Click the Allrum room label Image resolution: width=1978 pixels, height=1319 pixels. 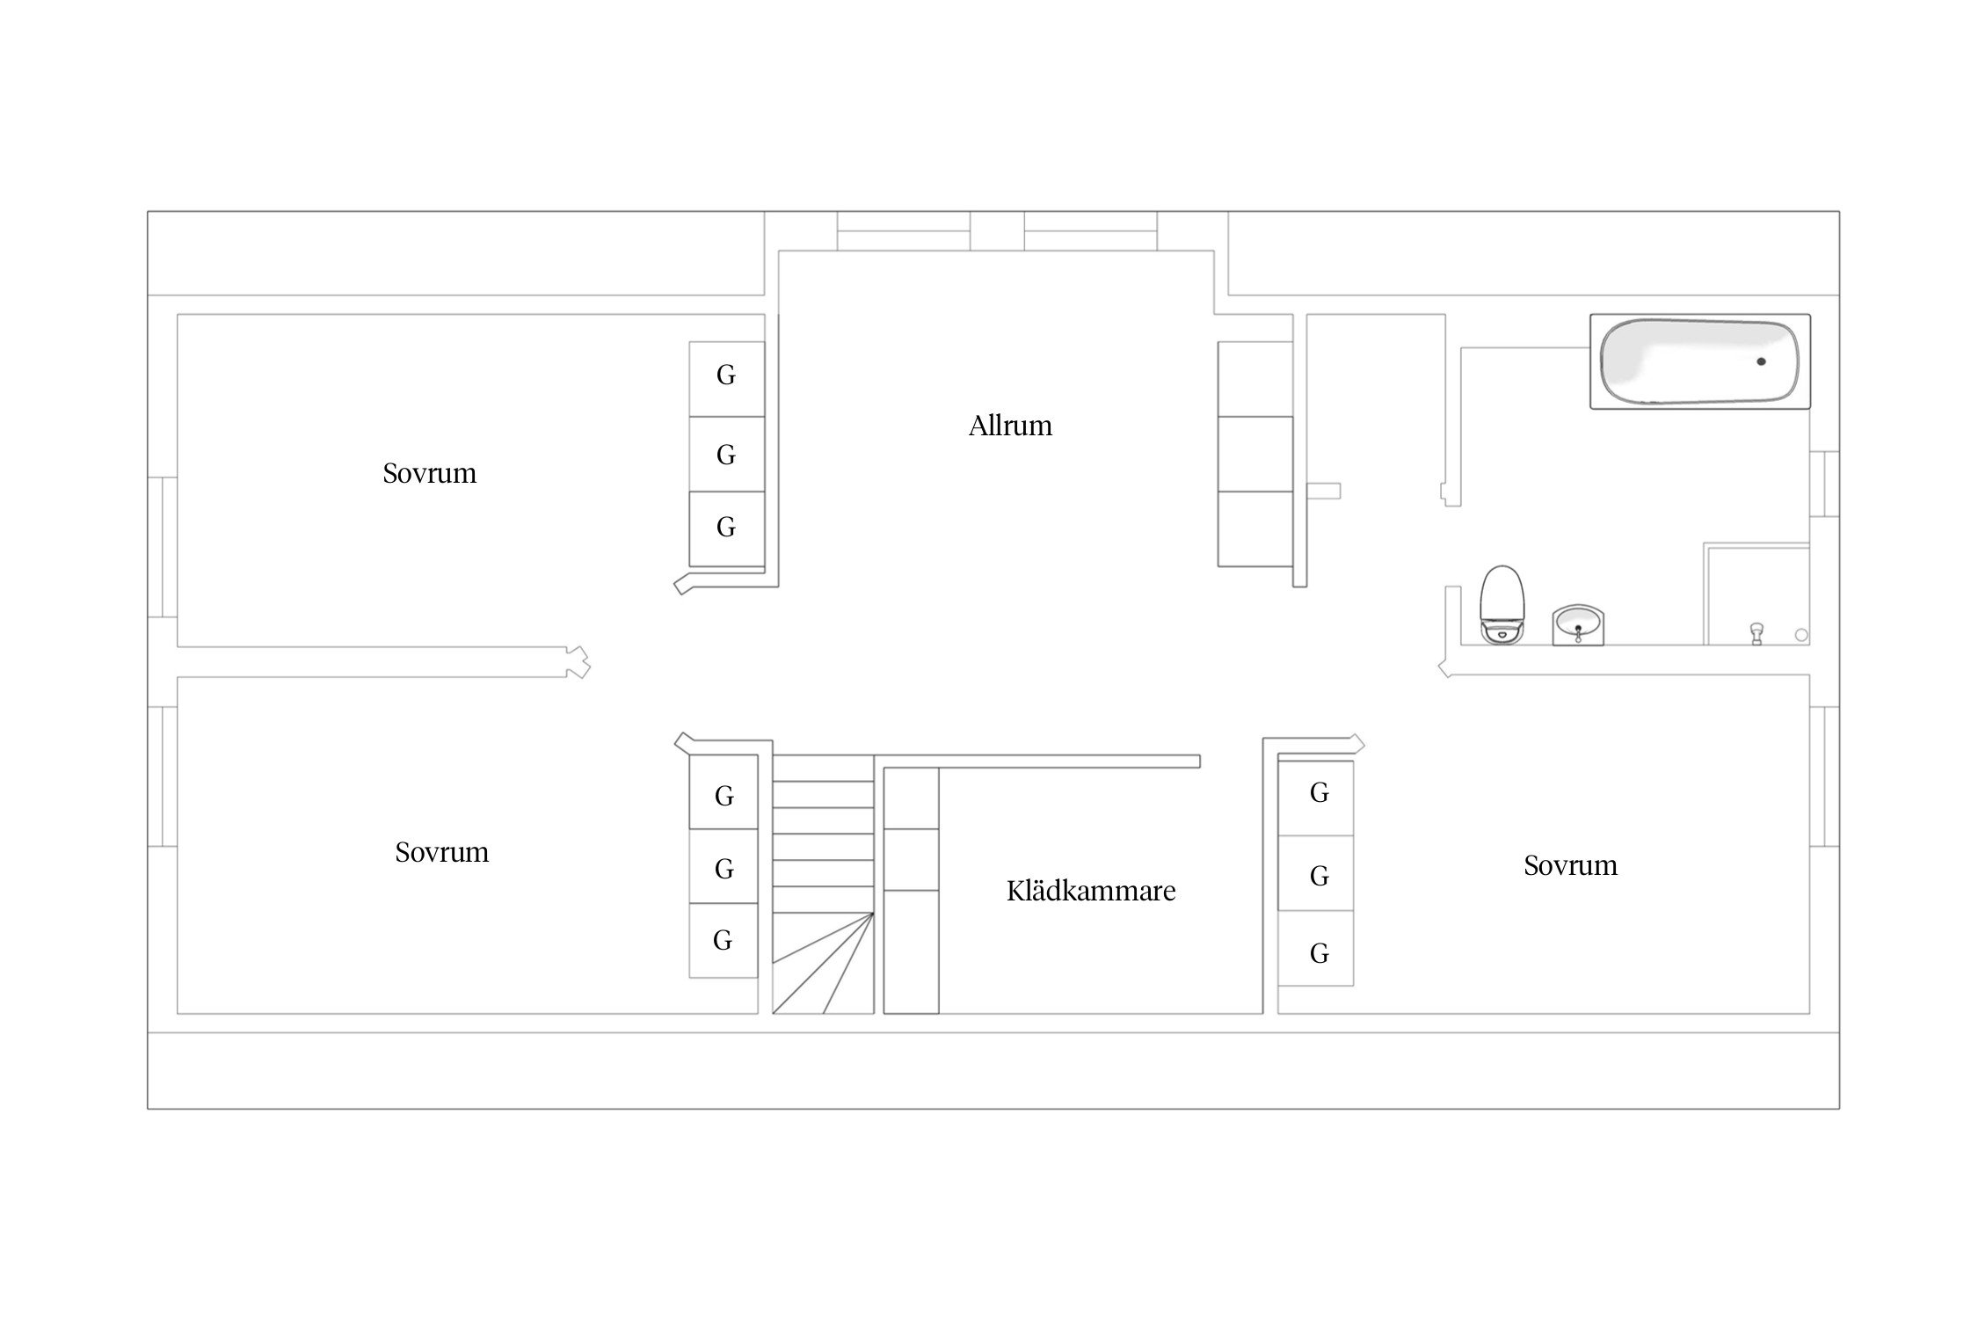[1010, 426]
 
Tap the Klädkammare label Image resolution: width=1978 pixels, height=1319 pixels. [1091, 891]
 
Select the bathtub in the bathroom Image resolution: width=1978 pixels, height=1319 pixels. [1700, 361]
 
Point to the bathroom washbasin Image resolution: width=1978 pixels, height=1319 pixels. [1578, 624]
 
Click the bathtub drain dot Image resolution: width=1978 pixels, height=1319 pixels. [1761, 361]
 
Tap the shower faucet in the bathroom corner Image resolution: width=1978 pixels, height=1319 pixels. [1756, 633]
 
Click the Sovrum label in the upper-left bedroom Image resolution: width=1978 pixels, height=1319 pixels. [429, 474]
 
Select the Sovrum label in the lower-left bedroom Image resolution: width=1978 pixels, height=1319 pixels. [441, 852]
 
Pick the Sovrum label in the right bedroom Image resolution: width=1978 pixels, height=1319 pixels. [1570, 866]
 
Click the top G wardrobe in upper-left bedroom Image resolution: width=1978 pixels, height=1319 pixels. [726, 379]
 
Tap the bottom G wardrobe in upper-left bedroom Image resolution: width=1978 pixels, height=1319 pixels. [726, 528]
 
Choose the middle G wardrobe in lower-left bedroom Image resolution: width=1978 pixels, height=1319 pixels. [724, 866]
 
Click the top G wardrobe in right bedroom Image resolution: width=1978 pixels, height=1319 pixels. [1316, 798]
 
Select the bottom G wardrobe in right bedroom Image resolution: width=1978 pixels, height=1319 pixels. [1316, 948]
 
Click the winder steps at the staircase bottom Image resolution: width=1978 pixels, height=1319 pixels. [823, 964]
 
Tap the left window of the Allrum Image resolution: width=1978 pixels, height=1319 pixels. [904, 231]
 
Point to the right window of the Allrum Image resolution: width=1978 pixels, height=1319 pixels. [1091, 231]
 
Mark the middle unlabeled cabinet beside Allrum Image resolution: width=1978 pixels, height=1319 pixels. [1255, 454]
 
